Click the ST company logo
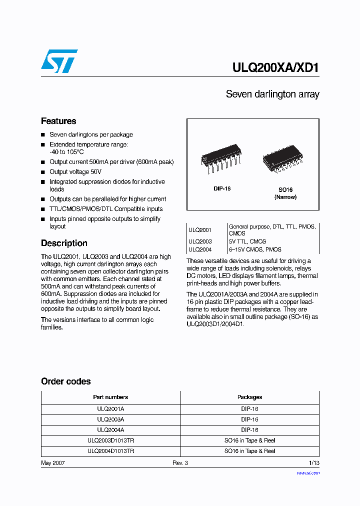tap(59, 61)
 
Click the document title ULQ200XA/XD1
tap(275, 67)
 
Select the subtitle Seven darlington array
tap(272, 94)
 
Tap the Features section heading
tap(58, 121)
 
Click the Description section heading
tap(64, 243)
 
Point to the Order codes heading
tap(66, 381)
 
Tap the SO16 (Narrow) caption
tap(285, 193)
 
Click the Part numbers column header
tap(110, 397)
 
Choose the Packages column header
tap(249, 397)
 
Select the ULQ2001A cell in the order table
tap(110, 409)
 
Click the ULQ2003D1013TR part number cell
tap(110, 440)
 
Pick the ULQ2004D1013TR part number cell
tap(110, 451)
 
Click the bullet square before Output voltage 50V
tap(43, 172)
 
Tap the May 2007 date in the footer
tap(52, 463)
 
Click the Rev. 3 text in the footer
tap(180, 463)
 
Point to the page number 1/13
tap(313, 463)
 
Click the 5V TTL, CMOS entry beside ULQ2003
tap(247, 241)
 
